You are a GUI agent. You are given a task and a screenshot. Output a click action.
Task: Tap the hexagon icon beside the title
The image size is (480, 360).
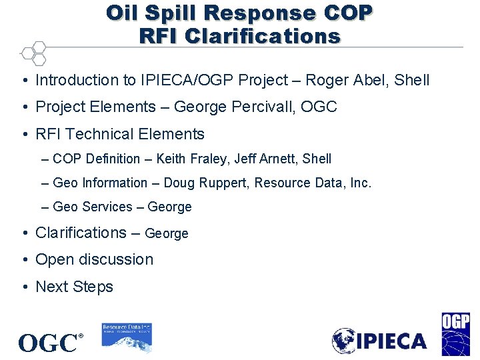click(x=33, y=53)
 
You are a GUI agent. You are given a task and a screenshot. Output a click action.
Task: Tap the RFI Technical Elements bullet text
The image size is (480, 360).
click(x=120, y=134)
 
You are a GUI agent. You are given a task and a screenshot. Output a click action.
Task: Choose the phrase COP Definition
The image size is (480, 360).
click(x=97, y=159)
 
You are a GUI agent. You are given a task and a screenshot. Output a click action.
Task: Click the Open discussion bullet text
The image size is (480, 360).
click(x=94, y=260)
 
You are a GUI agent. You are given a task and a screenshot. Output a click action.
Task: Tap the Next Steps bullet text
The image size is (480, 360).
click(x=74, y=287)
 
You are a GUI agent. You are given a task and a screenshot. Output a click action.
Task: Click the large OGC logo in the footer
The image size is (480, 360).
click(x=48, y=343)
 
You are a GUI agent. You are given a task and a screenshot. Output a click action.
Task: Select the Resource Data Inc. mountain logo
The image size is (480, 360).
click(x=127, y=336)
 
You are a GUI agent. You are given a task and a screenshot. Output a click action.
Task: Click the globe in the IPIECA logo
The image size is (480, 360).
click(x=345, y=341)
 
